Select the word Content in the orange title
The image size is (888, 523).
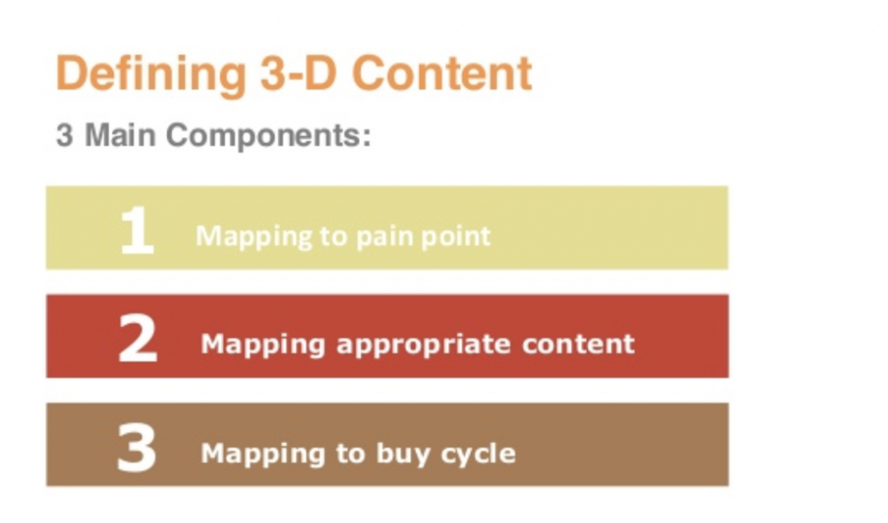[442, 74]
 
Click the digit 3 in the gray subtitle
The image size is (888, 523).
[64, 135]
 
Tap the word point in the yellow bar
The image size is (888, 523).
[458, 235]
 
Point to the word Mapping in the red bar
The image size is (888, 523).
[263, 343]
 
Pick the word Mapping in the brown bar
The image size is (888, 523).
[263, 454]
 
